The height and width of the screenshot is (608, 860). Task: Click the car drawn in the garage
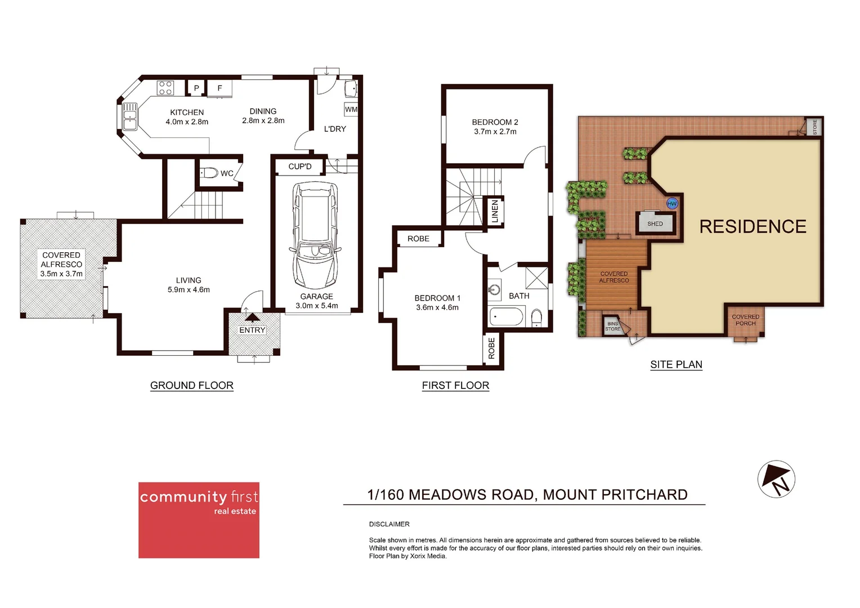pos(315,235)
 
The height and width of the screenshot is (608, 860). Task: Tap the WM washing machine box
pos(351,109)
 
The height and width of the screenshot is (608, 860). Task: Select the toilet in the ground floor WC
pos(209,173)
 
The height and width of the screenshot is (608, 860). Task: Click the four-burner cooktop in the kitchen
pos(165,88)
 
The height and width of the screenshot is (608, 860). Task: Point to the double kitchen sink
pos(130,116)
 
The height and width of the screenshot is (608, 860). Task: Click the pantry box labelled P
pos(196,88)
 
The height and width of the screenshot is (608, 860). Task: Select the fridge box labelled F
pos(220,88)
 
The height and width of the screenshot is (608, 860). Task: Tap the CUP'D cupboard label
pos(299,167)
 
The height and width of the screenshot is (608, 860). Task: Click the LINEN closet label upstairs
pos(495,212)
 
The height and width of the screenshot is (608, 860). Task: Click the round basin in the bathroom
pos(494,290)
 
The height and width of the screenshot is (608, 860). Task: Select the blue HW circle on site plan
pos(671,204)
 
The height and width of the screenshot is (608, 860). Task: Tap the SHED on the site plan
pos(655,223)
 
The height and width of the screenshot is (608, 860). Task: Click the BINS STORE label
pos(612,327)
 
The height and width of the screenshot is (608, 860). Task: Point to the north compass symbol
pos(776,479)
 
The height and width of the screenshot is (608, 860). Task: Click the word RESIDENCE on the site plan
pos(752,226)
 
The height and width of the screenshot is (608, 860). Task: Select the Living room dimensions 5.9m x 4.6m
pos(189,290)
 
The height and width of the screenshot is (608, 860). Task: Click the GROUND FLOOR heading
pos(191,386)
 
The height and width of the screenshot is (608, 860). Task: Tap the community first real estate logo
pos(199,520)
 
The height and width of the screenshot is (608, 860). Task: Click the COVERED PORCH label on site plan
pos(745,320)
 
